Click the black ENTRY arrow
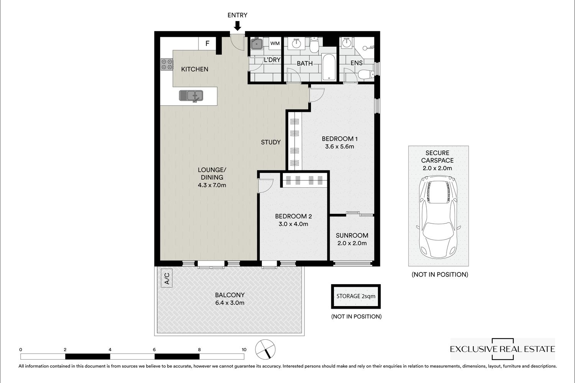237,26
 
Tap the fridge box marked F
207,43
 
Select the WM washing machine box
275,43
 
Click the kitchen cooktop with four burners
167,64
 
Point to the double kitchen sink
191,96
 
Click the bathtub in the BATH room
329,67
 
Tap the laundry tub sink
256,44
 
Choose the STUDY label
271,142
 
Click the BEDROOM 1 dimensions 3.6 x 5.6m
339,146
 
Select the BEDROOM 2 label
293,216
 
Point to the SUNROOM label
352,235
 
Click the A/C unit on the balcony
167,278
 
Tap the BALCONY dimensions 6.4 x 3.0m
230,303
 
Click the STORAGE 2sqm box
356,296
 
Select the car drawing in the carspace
438,217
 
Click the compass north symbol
265,349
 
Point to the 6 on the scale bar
154,350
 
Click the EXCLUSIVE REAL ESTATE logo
502,349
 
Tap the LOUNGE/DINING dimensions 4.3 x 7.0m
212,185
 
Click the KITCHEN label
195,69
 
